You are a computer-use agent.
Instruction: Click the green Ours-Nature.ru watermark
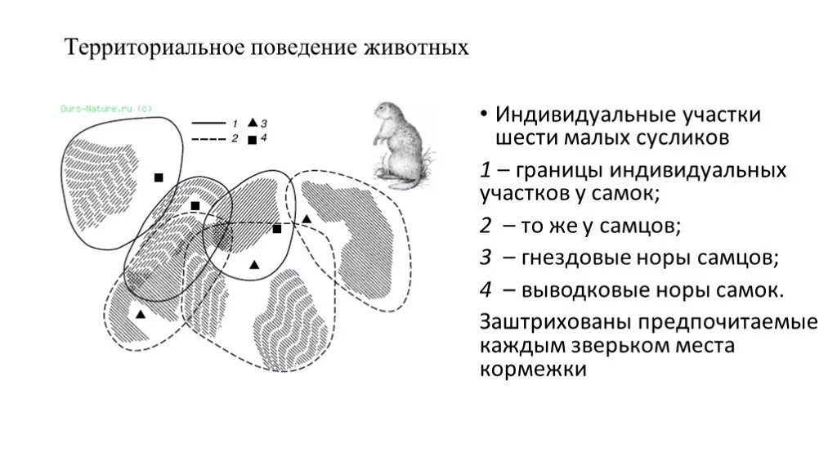tap(106, 108)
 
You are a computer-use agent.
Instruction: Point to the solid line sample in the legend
tap(208, 123)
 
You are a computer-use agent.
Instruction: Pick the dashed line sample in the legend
tap(208, 139)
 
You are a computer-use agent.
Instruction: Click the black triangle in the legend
tap(253, 122)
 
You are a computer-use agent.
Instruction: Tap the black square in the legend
tap(252, 140)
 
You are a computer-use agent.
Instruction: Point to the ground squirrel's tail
tap(426, 155)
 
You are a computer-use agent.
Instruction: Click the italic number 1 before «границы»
tap(485, 171)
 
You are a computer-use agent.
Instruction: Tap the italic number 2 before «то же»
tap(486, 225)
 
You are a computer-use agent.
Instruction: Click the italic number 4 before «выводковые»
tap(486, 290)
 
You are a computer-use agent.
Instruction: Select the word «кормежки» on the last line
tap(534, 370)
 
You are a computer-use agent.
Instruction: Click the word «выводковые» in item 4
tap(576, 290)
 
